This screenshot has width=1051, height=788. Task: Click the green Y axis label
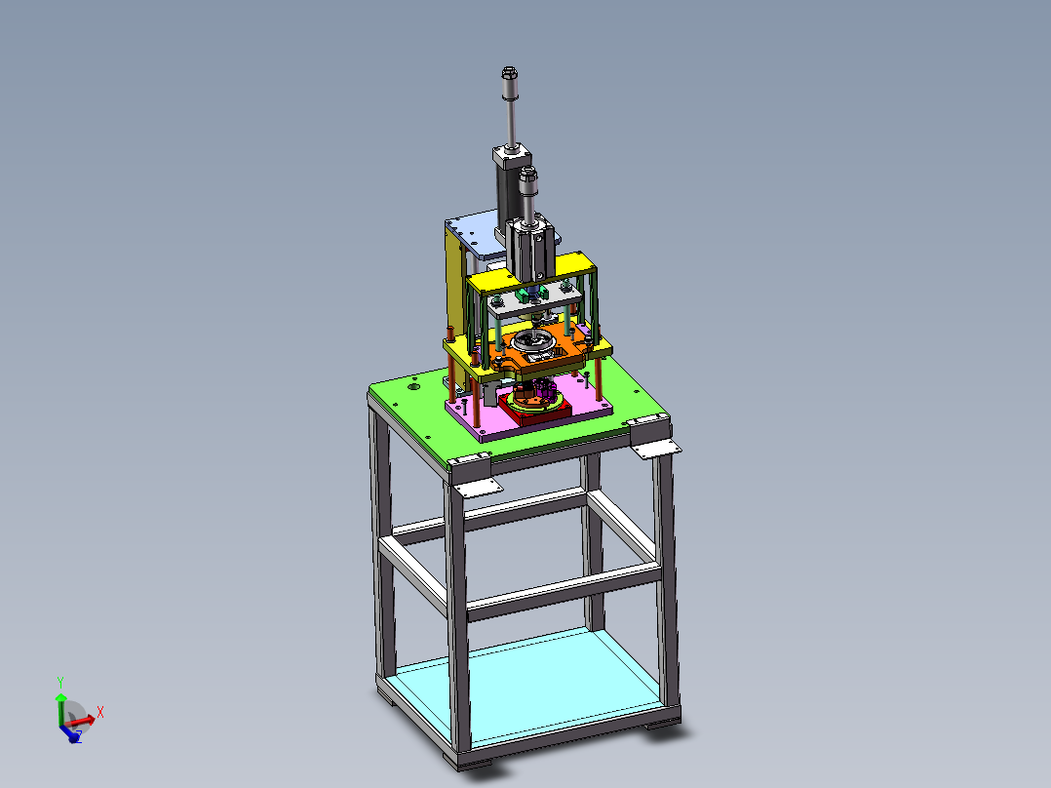click(60, 683)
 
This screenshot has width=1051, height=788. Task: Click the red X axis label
click(99, 712)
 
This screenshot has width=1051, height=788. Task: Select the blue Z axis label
click(78, 736)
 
